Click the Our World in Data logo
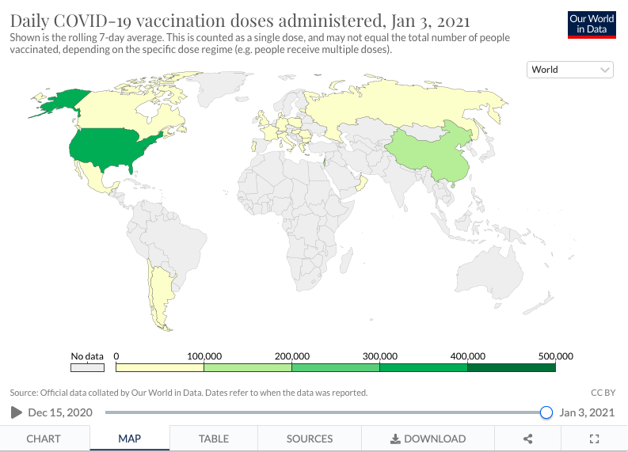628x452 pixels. pyautogui.click(x=592, y=25)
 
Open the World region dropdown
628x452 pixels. pyautogui.click(x=570, y=70)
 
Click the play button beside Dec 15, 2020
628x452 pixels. pyautogui.click(x=17, y=412)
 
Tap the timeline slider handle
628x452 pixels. pyautogui.click(x=546, y=412)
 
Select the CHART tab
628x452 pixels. pyautogui.click(x=44, y=439)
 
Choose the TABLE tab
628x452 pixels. pyautogui.click(x=214, y=439)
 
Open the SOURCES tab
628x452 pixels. pyautogui.click(x=310, y=439)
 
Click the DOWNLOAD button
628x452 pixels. pyautogui.click(x=428, y=439)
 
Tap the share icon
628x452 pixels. pyautogui.click(x=528, y=439)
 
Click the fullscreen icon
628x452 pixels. pyautogui.click(x=595, y=439)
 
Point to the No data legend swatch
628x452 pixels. pyautogui.click(x=87, y=367)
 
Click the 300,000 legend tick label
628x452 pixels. pyautogui.click(x=379, y=356)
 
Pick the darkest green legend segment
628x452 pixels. pyautogui.click(x=512, y=367)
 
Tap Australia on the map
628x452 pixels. pyautogui.click(x=489, y=272)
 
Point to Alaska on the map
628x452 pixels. pyautogui.click(x=60, y=102)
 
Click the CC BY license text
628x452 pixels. pyautogui.click(x=603, y=393)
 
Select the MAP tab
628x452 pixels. pyautogui.click(x=129, y=439)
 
